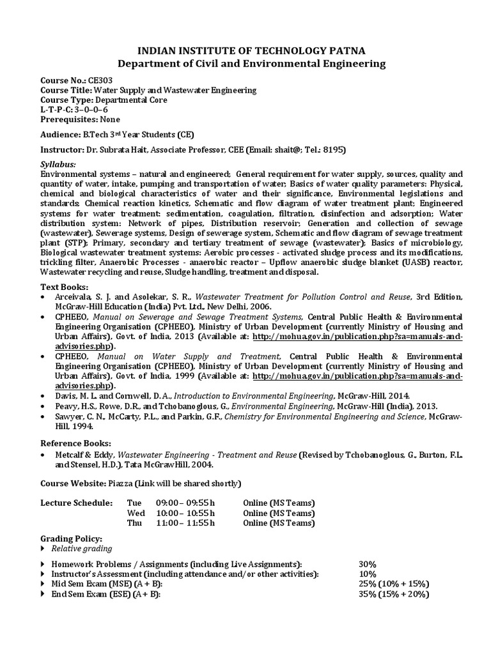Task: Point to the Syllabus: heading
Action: (58, 164)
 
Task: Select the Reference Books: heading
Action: (75, 443)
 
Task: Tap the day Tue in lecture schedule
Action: (135, 503)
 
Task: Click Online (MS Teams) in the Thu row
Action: (279, 523)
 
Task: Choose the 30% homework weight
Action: (368, 564)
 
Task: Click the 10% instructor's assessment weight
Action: (368, 574)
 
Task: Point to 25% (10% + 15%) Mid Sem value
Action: (394, 584)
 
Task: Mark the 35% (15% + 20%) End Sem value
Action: (394, 594)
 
